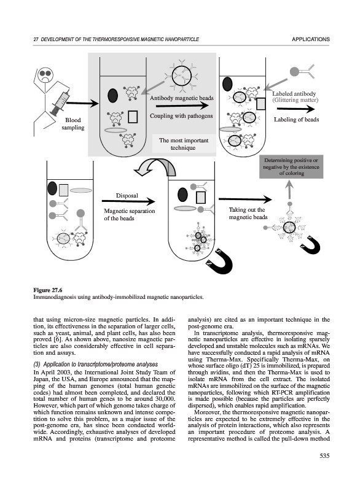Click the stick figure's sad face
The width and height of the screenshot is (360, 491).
(x=45, y=75)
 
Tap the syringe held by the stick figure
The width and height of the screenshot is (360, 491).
(x=60, y=102)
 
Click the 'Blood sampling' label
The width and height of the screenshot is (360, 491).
(x=73, y=124)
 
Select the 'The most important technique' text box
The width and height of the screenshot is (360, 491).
(x=184, y=144)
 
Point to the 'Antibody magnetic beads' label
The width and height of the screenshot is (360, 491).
(x=181, y=98)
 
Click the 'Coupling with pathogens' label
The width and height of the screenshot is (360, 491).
(x=181, y=116)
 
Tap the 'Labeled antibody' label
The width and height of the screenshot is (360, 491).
(x=294, y=94)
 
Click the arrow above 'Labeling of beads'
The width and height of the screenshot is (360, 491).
(x=295, y=109)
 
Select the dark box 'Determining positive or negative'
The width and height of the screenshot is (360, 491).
(x=291, y=166)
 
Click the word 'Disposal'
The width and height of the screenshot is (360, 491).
(x=127, y=196)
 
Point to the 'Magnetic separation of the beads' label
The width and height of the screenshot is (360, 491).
(x=130, y=214)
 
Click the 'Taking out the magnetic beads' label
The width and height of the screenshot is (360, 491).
(x=248, y=213)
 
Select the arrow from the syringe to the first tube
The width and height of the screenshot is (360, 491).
(x=82, y=103)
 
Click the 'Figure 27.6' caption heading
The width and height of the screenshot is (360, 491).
(x=48, y=290)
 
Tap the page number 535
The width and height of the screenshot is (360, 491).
(x=324, y=456)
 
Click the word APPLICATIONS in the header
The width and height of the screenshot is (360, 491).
(x=310, y=39)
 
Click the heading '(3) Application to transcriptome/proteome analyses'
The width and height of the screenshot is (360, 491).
(x=96, y=365)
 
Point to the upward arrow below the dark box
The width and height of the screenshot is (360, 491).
(x=290, y=190)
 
